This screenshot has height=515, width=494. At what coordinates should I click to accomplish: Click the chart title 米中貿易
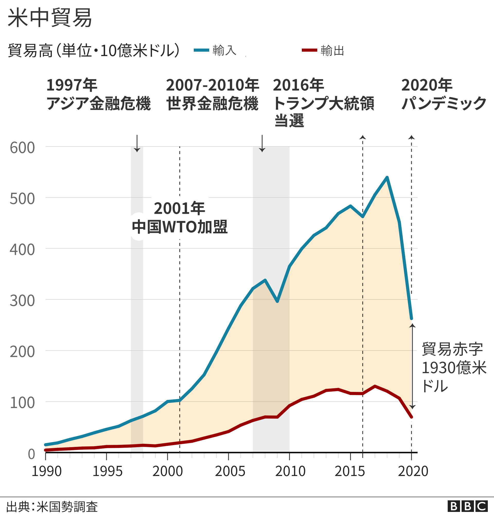(x=50, y=18)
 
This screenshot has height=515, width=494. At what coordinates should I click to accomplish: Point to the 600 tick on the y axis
(x=22, y=148)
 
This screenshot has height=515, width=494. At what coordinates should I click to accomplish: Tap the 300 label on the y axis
(x=22, y=301)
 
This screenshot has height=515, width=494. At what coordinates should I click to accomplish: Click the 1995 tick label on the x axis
(x=107, y=471)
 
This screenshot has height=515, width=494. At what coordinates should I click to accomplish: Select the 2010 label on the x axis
(x=290, y=471)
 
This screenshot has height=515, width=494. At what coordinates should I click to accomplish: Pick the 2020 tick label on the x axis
(x=413, y=471)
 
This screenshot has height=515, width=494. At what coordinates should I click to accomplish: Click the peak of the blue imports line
(x=387, y=178)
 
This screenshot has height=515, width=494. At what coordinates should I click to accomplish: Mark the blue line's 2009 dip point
(x=277, y=301)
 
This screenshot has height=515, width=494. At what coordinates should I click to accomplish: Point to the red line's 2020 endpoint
(x=411, y=417)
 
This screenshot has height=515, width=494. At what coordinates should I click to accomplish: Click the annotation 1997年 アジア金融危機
(x=98, y=94)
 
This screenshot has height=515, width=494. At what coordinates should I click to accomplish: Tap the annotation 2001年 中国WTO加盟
(x=180, y=217)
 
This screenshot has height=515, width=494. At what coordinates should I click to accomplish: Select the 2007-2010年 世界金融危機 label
(x=213, y=94)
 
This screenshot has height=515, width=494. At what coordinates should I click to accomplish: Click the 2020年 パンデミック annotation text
(x=444, y=94)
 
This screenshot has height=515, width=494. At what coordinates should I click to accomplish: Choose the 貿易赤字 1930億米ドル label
(x=454, y=367)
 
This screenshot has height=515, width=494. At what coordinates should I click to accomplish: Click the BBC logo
(x=467, y=506)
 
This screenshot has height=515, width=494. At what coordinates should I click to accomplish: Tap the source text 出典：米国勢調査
(x=52, y=507)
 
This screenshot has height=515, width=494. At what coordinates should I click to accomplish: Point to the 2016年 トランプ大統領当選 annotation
(x=323, y=103)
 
